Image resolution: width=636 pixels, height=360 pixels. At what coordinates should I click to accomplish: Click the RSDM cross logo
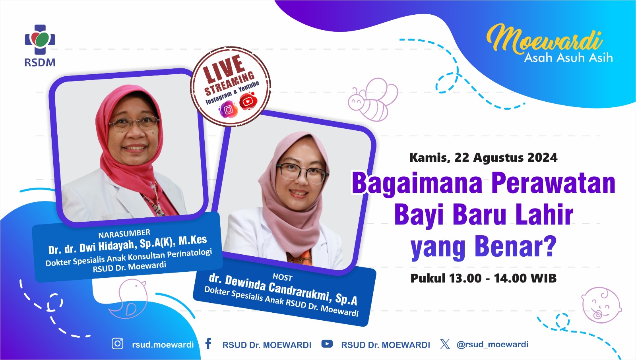point(40,39)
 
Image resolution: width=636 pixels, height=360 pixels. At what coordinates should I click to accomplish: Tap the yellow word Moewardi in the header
point(544,39)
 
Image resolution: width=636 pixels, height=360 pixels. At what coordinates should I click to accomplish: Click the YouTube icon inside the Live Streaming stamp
point(248,101)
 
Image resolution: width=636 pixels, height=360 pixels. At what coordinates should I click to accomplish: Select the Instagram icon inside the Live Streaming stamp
point(228,110)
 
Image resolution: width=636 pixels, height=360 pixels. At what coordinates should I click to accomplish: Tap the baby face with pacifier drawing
point(601,305)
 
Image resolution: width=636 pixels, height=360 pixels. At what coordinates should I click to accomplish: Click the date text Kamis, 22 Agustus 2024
point(483,158)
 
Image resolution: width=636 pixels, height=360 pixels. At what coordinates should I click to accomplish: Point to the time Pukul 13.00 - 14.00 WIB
point(483,278)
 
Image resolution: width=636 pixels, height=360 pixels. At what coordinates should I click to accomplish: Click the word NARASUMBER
point(124,234)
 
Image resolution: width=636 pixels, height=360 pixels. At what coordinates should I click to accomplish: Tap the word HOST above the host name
point(283,277)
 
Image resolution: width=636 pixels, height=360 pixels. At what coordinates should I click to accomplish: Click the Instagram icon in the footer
point(118,344)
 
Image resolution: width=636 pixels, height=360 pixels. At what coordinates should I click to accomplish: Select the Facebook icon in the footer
point(208,344)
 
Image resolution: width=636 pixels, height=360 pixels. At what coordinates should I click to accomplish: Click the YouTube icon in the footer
point(327,344)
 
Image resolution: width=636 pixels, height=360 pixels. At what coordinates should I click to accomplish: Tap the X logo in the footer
point(445,344)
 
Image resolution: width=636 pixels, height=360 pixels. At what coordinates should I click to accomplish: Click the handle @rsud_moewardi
point(493,345)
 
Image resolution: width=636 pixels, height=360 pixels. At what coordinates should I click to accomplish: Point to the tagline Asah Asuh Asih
point(568,58)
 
